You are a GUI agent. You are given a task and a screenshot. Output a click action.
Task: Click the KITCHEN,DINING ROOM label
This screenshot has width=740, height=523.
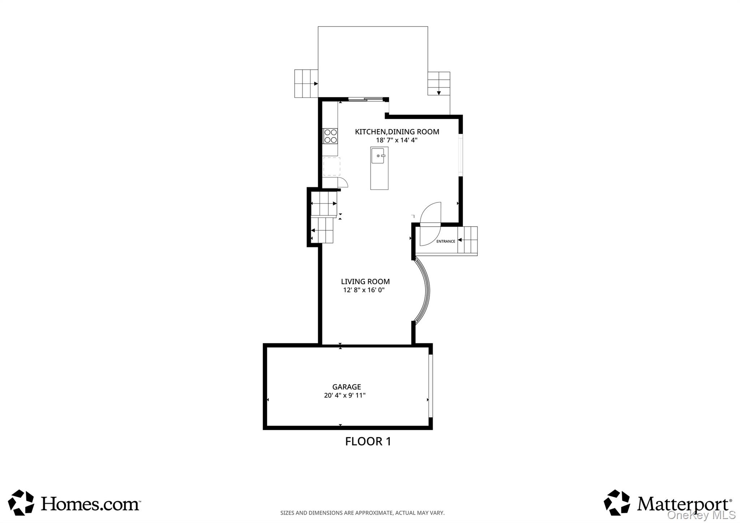coord(397,132)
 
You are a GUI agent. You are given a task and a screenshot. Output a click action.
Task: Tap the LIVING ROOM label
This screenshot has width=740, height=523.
coord(365,282)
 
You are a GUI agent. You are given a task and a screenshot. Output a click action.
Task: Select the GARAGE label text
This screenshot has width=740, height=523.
coord(347,387)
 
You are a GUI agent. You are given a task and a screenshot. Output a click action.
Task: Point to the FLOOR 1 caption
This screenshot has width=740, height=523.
coord(368,441)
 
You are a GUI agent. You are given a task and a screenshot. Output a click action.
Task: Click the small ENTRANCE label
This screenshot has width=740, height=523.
coord(446,241)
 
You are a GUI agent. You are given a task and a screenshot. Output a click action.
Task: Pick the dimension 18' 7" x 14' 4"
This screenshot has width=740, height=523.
coord(397,140)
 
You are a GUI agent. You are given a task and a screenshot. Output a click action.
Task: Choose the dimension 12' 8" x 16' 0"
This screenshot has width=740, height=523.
coord(364,290)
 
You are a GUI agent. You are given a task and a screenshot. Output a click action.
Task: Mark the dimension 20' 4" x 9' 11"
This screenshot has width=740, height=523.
coord(345,395)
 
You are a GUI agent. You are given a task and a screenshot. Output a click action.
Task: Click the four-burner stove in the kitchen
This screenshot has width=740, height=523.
coord(330,136)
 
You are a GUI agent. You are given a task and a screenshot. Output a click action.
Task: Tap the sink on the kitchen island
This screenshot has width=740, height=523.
coord(378,155)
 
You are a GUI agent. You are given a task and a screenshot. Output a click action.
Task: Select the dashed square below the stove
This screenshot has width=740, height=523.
coord(332,166)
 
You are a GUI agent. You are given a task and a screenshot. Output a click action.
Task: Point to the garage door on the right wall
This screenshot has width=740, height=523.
coord(430,386)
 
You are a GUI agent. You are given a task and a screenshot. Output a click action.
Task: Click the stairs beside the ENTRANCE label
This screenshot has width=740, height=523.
coord(468,240)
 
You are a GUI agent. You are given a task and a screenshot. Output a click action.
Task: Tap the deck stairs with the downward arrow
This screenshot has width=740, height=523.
coord(439,83)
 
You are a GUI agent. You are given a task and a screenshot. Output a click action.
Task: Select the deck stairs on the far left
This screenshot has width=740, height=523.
coord(306,83)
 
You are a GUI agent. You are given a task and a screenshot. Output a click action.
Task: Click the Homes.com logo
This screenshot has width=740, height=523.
coord(74,503)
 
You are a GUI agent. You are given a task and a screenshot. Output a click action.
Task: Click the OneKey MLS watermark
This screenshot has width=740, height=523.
coord(701,515)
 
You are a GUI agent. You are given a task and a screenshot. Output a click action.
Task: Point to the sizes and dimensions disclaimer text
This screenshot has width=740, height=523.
coord(362,513)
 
